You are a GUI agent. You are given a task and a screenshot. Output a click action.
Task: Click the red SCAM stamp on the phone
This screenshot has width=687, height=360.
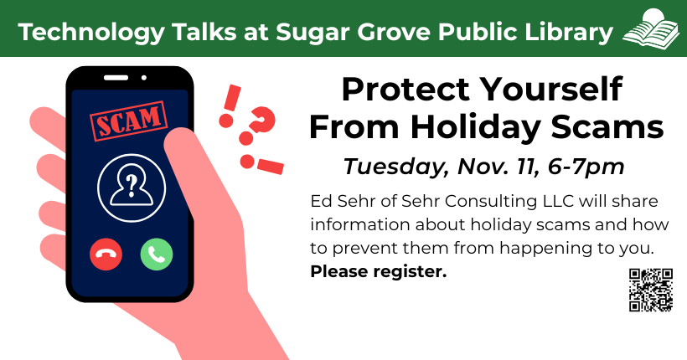tap(128, 121)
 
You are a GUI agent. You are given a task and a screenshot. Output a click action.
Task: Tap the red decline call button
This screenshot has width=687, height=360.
tap(106, 254)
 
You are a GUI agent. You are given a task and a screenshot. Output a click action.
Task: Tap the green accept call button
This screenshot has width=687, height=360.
tap(157, 254)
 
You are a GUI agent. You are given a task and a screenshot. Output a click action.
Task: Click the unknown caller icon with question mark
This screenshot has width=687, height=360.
tap(132, 188)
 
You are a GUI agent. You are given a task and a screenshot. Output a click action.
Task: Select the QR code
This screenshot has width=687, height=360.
tap(651, 290)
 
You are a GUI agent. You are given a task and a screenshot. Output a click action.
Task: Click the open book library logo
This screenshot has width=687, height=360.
tap(651, 28)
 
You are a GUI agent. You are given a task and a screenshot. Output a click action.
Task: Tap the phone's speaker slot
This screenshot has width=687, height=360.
tap(116, 78)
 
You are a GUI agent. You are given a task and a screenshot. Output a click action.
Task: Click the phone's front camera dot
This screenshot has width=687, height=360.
tap(144, 78)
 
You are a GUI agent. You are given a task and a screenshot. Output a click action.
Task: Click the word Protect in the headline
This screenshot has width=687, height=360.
tap(406, 90)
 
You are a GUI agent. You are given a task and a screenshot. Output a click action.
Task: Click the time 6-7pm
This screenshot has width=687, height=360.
tap(586, 167)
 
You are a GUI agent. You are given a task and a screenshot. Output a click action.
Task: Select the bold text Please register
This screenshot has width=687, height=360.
tap(379, 271)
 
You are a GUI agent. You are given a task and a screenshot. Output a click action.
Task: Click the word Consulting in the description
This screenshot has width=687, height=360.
tap(491, 202)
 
